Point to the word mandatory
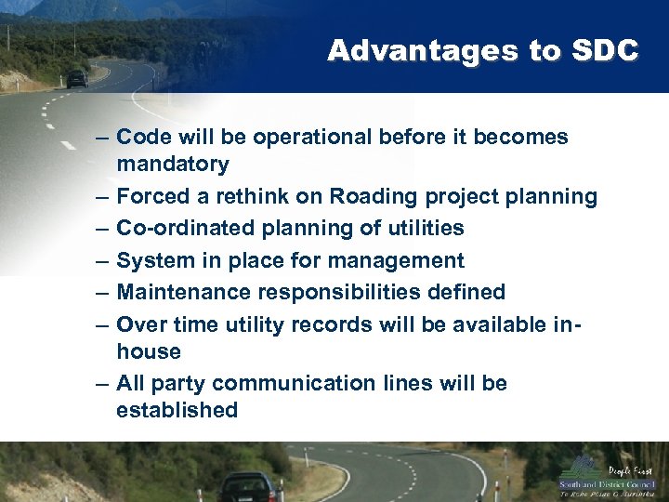click(x=172, y=165)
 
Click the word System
click(x=154, y=261)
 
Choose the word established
click(x=177, y=410)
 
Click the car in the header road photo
click(x=76, y=79)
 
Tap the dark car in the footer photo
click(x=249, y=486)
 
